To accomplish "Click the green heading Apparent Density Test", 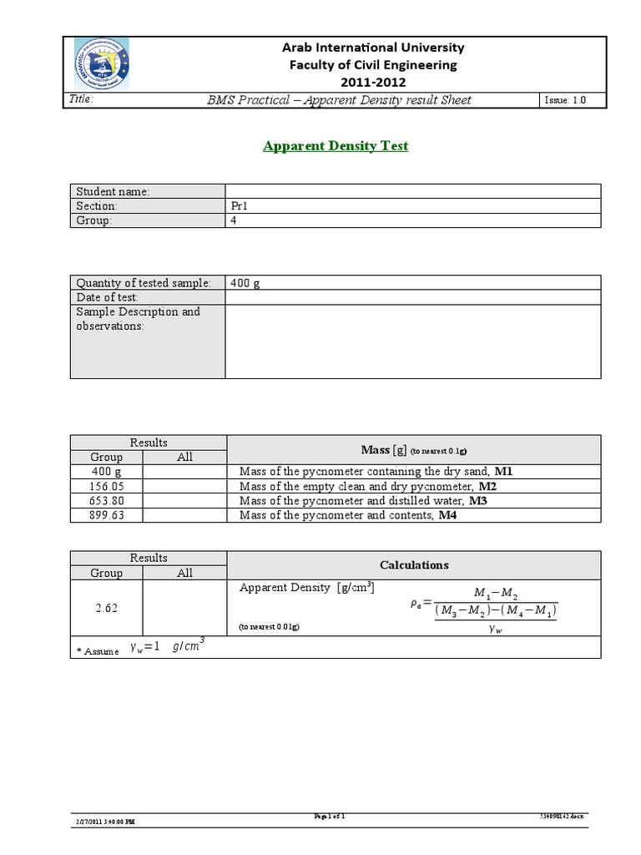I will click(x=336, y=146).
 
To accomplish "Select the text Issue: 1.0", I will click(x=565, y=100).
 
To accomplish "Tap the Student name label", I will click(x=113, y=192).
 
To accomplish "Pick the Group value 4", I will click(x=234, y=220).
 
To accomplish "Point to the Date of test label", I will click(x=108, y=297).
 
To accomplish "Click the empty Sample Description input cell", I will click(x=412, y=341).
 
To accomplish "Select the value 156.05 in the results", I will click(x=107, y=486).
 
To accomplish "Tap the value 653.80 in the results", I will click(x=107, y=501).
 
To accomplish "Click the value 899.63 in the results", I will click(x=107, y=515).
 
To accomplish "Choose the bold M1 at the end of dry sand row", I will click(x=503, y=472).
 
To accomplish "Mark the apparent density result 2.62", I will click(x=107, y=609).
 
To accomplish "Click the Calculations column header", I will click(x=414, y=565).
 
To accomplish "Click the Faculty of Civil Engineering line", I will click(x=373, y=64).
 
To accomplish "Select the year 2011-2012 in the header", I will click(x=373, y=82).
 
